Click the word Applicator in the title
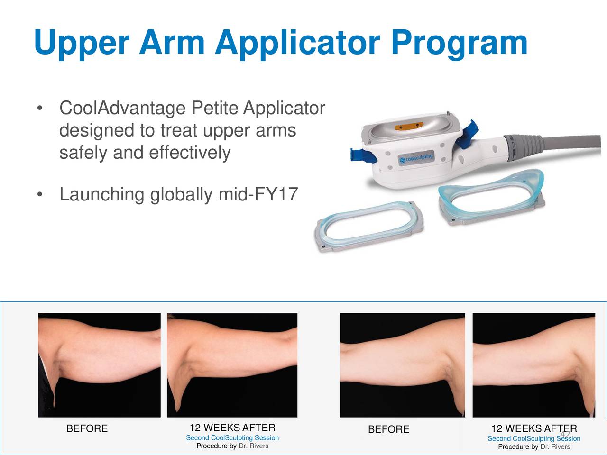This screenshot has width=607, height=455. point(297,43)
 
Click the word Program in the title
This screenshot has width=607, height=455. point(459,43)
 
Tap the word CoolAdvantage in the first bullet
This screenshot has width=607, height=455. point(122,109)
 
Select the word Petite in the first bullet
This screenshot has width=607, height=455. point(215,109)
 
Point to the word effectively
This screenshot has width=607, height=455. point(190,153)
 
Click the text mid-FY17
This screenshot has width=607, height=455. point(258,194)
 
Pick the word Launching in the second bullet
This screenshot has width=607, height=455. point(101,194)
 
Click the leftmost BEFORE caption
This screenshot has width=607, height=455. point(87,429)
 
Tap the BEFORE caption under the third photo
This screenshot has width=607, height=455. point(388,429)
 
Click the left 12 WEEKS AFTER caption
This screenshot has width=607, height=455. point(232,428)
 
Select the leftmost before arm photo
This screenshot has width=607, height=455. point(99,365)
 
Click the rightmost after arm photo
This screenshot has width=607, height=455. point(533,365)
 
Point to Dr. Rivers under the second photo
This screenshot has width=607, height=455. point(253,446)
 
